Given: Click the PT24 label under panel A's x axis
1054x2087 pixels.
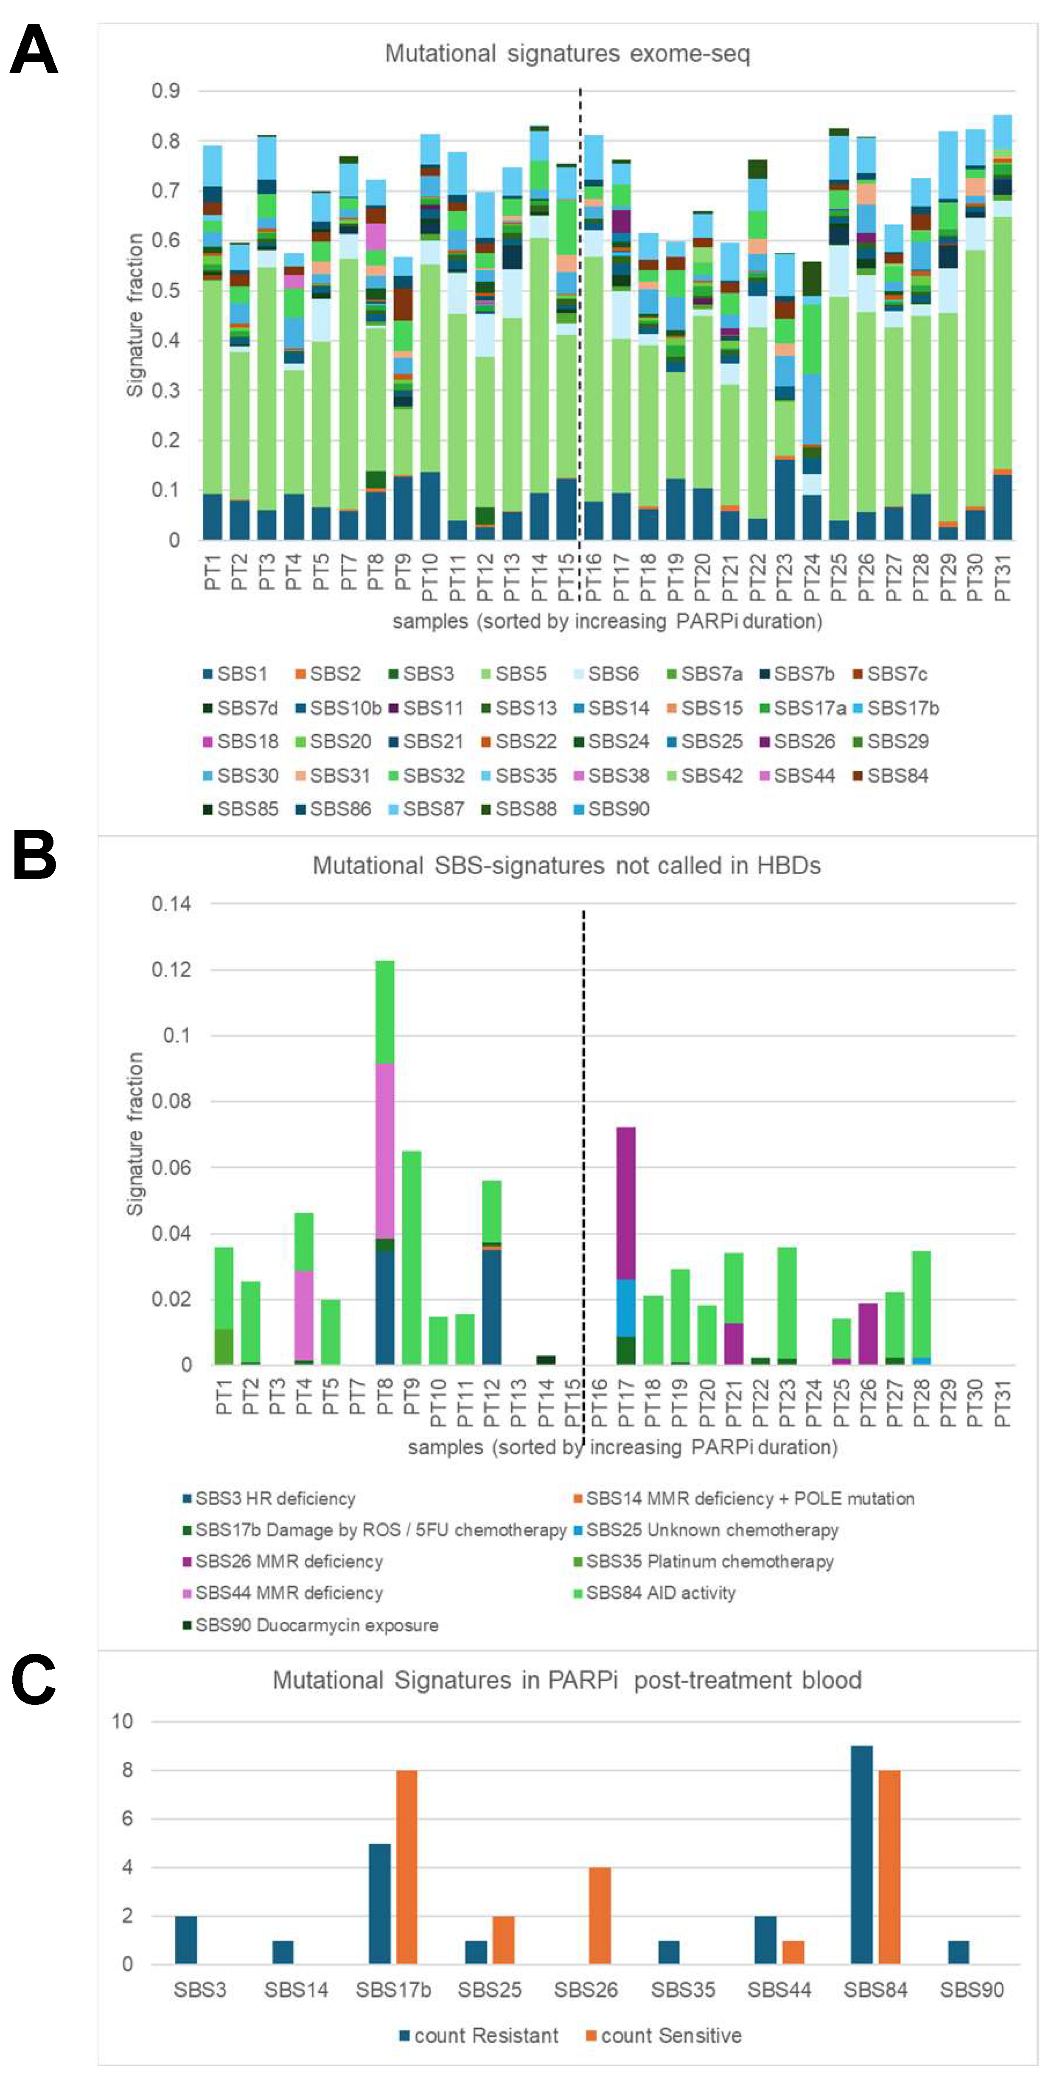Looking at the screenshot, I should [x=812, y=578].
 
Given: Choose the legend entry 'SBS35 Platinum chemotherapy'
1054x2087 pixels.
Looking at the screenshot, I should [x=709, y=1561].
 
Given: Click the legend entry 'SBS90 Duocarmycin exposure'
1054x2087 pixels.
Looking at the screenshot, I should [x=316, y=1624].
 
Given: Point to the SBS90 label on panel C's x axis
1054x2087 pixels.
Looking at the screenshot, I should [x=971, y=1989].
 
